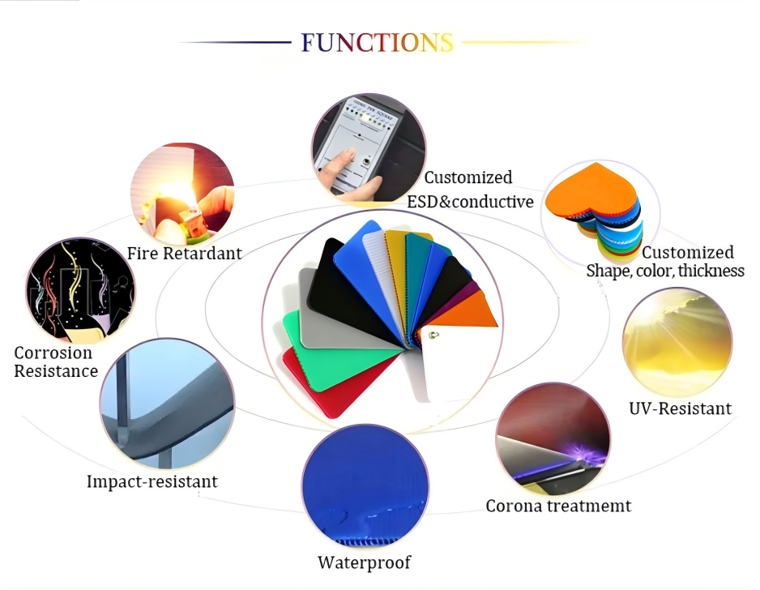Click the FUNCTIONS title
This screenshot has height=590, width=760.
[x=377, y=43]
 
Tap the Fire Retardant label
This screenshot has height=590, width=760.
[x=184, y=254]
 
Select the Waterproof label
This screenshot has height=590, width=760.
[x=364, y=562]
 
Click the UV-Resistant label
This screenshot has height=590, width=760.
[x=680, y=408]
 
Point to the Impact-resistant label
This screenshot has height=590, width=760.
[x=152, y=481]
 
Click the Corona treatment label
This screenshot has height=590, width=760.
[x=558, y=507]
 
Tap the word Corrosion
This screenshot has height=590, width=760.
[x=53, y=353]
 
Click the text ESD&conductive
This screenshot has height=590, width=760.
[x=470, y=202]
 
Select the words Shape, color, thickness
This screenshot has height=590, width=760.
[x=665, y=271]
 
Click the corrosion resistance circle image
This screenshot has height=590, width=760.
[x=80, y=291]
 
